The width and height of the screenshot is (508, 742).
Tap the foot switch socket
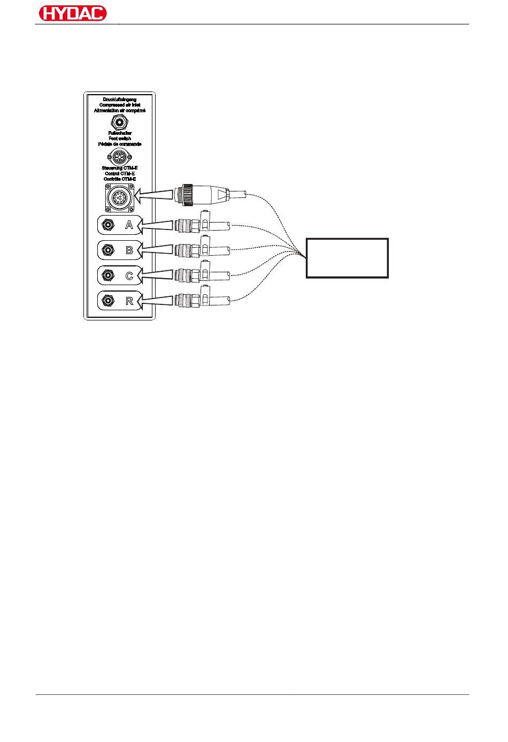click(119, 156)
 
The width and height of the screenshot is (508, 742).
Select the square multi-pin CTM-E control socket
click(119, 198)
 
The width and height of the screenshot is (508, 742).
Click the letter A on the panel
click(129, 225)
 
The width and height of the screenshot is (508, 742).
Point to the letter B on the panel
click(129, 250)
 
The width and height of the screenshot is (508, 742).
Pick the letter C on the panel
click(129, 276)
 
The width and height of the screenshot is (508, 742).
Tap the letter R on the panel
click(129, 301)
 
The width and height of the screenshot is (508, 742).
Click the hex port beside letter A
click(108, 225)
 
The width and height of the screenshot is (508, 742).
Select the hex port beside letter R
click(108, 301)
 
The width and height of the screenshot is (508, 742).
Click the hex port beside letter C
click(108, 276)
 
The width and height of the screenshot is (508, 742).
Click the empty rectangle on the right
click(347, 258)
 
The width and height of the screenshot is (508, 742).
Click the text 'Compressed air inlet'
click(119, 105)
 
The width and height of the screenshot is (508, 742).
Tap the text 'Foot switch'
click(119, 138)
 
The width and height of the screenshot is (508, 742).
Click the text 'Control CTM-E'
click(119, 173)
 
